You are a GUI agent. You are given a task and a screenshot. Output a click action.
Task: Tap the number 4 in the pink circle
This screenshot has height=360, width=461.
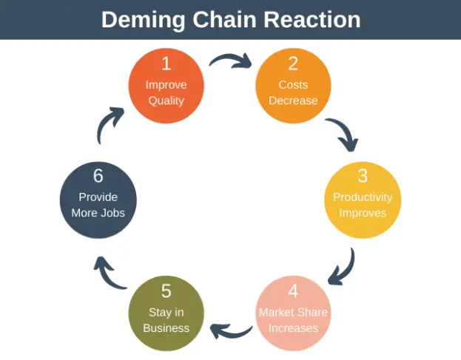click(293, 291)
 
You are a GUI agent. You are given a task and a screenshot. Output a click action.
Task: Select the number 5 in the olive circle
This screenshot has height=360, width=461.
click(166, 291)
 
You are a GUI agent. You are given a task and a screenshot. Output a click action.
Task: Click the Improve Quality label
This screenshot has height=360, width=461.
click(166, 93)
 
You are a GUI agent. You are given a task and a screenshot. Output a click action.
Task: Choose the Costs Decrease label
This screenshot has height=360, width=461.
click(293, 93)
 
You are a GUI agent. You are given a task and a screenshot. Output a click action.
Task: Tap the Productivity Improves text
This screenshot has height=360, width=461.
click(363, 206)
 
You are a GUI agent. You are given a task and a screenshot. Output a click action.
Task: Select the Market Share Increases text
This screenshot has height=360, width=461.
click(293, 320)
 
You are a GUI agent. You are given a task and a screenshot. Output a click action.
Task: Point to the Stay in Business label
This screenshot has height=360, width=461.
click(166, 320)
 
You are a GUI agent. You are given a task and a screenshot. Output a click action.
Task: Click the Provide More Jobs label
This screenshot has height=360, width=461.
click(98, 206)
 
